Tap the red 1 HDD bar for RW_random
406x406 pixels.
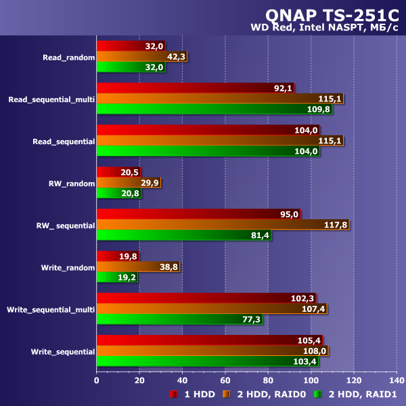coord(118,173)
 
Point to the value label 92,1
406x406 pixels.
coord(284,88)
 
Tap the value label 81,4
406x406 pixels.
coord(260,235)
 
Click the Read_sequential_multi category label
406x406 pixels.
coord(51,99)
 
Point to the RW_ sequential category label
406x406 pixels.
coord(66,225)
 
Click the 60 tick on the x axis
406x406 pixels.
coord(225,380)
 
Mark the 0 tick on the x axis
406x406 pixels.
coord(97,380)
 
